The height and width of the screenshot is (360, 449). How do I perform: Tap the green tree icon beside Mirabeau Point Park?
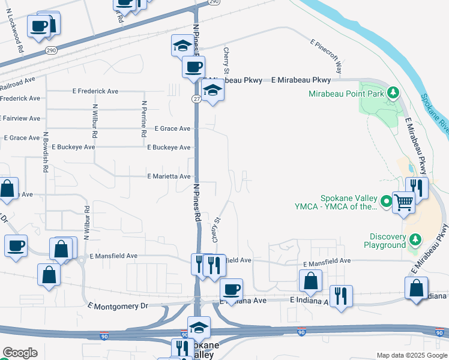[x=393, y=92]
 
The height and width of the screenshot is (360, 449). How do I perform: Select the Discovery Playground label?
[x=388, y=240]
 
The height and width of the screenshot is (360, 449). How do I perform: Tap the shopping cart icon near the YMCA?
[x=403, y=202]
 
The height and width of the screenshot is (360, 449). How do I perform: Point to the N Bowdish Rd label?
[x=46, y=153]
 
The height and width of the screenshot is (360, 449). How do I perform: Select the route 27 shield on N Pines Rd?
[x=196, y=98]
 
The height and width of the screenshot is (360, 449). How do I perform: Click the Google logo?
[x=20, y=353]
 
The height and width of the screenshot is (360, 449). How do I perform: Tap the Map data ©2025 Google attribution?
[x=411, y=355]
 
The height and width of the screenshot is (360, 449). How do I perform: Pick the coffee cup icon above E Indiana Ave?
[x=231, y=290]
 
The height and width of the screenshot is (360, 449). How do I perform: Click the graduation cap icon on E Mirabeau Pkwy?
[x=212, y=91]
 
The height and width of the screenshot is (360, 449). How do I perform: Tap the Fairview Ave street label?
[x=21, y=118]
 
